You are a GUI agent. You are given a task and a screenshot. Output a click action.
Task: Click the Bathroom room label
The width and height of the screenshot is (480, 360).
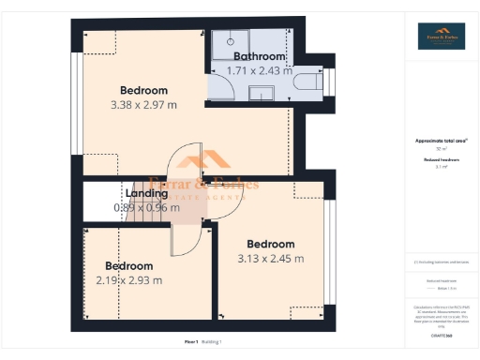[x=260, y=56]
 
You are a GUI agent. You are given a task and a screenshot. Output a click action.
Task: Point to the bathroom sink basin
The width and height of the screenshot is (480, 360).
[x=262, y=92]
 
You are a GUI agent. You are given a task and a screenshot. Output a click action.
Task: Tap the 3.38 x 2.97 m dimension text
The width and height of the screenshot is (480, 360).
[x=143, y=105]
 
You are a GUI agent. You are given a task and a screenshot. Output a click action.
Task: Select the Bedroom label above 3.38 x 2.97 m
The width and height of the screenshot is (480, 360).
[x=143, y=91]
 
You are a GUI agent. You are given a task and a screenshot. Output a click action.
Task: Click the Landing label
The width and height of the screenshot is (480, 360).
[x=147, y=194]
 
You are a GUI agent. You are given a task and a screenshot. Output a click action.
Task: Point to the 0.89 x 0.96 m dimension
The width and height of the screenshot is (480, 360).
[x=146, y=207]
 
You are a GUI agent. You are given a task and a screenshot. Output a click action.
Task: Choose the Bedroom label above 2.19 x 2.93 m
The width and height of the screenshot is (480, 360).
[x=128, y=265]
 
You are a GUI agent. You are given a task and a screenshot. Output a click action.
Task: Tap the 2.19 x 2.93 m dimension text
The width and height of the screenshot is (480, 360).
[x=128, y=279]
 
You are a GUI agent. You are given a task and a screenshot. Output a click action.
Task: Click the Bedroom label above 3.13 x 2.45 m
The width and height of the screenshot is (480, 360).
[x=270, y=244]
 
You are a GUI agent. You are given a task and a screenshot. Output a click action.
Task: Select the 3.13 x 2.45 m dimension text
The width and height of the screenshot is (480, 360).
[x=270, y=258]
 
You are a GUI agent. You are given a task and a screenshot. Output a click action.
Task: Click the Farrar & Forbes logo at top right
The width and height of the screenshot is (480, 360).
[x=441, y=36]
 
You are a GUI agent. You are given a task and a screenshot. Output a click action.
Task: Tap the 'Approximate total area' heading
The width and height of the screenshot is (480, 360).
[x=439, y=141]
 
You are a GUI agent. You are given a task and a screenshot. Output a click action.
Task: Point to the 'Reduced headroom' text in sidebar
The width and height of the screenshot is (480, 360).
[x=440, y=160]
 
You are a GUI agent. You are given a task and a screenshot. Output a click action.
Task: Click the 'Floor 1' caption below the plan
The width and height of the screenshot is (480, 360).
[x=191, y=342]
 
